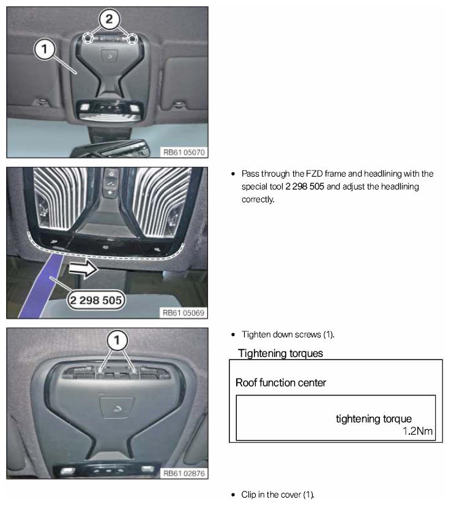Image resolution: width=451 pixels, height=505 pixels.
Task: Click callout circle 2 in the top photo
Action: [109, 20]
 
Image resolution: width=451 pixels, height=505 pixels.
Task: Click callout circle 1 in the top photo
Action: [44, 50]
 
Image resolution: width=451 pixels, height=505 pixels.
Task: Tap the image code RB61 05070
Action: [184, 152]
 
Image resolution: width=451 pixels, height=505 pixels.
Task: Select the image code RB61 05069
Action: [184, 313]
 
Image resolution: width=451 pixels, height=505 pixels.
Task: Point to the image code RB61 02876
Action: [184, 473]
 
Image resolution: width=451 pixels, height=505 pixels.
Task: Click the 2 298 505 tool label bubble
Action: [95, 300]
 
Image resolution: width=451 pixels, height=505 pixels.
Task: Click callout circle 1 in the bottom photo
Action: [117, 341]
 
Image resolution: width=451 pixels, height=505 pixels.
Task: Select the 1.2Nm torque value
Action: [417, 431]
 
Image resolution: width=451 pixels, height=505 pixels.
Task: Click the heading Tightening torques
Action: [280, 353]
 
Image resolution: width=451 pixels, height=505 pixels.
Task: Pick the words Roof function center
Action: [281, 383]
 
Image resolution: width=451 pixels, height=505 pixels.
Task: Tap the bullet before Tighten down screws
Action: [233, 334]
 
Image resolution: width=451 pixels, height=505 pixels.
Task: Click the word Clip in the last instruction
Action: [248, 495]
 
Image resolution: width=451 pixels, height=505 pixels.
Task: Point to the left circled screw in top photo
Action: [88, 39]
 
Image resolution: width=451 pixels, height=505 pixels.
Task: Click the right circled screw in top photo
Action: [132, 39]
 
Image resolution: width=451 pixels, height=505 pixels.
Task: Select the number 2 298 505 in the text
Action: [305, 186]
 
